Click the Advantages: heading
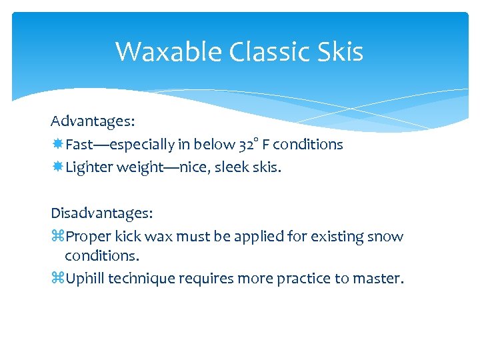point(93,121)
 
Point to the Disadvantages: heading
point(101,213)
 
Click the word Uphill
point(84,279)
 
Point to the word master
point(381,279)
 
